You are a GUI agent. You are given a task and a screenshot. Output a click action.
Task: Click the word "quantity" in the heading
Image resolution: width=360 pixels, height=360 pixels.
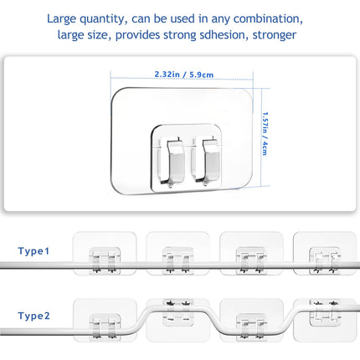click(x=101, y=19)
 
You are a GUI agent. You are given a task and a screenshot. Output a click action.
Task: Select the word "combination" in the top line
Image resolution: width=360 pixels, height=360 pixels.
click(x=268, y=18)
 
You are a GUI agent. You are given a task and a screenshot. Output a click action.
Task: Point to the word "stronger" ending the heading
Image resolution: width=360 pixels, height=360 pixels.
click(x=275, y=35)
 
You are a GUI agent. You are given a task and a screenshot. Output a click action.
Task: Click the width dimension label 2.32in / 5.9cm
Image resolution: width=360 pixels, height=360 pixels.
click(x=184, y=75)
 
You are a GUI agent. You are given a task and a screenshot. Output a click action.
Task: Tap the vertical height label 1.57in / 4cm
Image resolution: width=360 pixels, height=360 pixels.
click(x=265, y=133)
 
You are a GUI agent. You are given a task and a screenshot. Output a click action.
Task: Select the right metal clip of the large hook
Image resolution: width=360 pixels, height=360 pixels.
click(x=210, y=161)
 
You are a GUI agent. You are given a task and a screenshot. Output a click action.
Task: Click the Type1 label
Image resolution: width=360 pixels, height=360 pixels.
click(x=33, y=251)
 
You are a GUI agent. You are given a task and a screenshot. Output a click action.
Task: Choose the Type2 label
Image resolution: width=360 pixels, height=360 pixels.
click(x=33, y=316)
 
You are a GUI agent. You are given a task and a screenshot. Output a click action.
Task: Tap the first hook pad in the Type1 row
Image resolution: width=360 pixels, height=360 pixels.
click(x=105, y=254)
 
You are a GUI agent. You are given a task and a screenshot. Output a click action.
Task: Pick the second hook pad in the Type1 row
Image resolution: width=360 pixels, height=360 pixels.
click(x=177, y=254)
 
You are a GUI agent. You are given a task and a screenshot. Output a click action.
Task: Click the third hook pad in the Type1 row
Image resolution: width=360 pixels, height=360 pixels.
click(x=251, y=254)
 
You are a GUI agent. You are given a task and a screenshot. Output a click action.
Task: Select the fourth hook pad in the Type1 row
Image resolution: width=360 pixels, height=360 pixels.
click(x=325, y=254)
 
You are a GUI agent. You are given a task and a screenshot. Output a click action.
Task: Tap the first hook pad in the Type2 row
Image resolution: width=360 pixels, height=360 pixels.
click(x=105, y=320)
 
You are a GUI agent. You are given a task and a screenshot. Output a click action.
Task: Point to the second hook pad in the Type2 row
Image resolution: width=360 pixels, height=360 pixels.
click(x=177, y=320)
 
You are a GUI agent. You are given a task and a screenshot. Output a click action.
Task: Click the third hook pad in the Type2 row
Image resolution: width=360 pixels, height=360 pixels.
click(x=251, y=320)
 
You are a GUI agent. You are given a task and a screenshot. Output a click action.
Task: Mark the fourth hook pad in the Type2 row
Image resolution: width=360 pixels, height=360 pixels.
click(x=325, y=320)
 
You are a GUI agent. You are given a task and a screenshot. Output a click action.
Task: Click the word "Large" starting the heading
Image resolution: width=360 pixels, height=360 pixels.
click(x=61, y=19)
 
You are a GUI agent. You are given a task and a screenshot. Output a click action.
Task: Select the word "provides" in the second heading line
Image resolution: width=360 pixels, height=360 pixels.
click(x=137, y=35)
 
